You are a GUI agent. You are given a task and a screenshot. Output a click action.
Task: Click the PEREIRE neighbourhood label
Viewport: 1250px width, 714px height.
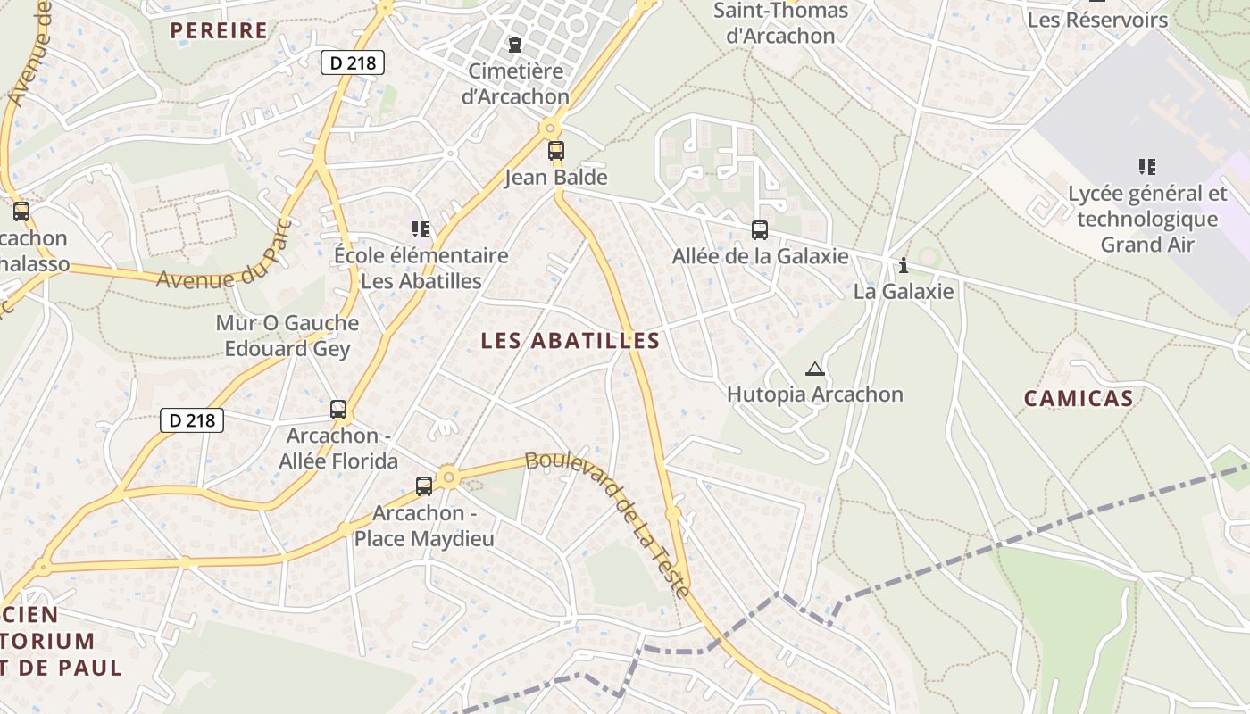(x=219, y=30)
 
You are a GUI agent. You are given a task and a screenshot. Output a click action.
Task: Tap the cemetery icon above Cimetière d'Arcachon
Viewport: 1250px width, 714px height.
(x=514, y=44)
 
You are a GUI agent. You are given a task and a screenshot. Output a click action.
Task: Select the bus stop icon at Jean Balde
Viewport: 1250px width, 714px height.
(x=555, y=150)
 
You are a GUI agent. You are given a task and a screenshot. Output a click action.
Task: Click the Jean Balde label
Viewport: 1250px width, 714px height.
(x=555, y=177)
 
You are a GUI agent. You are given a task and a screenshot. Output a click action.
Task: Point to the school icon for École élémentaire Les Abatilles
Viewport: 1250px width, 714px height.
(x=420, y=229)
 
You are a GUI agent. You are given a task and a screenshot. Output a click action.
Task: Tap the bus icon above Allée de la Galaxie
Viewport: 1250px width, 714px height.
(x=759, y=230)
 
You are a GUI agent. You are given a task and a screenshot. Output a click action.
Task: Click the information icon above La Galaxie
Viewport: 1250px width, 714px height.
(x=904, y=265)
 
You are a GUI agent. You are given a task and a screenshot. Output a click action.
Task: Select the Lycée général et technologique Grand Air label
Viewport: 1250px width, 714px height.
(x=1147, y=219)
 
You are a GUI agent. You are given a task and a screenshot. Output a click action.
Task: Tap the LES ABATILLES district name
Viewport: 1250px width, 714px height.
(x=570, y=340)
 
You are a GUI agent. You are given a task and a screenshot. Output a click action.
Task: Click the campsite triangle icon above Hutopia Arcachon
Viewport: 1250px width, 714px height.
(x=814, y=369)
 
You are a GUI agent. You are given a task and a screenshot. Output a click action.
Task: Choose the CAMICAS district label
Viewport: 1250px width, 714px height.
(x=1078, y=398)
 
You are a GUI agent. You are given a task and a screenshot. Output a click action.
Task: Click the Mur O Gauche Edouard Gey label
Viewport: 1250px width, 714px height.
(x=287, y=336)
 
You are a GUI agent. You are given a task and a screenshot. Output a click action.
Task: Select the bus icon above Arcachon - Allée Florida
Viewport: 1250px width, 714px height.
(x=338, y=410)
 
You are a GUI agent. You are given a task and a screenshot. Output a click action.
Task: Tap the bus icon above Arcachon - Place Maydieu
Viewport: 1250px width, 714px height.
(x=424, y=486)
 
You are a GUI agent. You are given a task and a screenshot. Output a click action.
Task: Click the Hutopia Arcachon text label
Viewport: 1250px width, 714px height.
(x=814, y=394)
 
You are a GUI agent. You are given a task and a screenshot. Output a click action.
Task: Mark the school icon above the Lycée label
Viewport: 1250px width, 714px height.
(x=1147, y=166)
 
